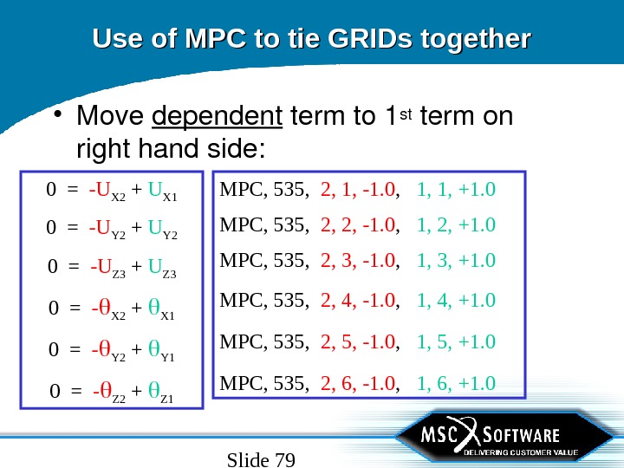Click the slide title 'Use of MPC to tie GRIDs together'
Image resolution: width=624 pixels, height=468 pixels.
click(311, 39)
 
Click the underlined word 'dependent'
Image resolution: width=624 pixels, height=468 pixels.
click(218, 116)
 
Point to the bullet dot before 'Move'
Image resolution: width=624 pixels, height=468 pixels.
click(56, 117)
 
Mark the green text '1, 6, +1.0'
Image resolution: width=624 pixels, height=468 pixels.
click(457, 383)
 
